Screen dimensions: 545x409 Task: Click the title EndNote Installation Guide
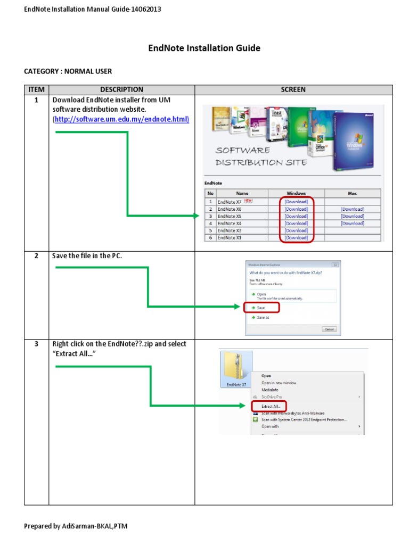[x=204, y=48]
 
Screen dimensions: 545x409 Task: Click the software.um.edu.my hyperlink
[x=121, y=119]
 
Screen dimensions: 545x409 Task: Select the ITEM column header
[x=36, y=89]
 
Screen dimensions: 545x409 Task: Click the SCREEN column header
[x=293, y=89]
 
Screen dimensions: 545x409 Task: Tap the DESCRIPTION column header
[x=121, y=89]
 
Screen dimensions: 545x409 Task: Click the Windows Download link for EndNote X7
[x=296, y=202]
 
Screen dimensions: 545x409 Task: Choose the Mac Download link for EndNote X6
[x=353, y=209]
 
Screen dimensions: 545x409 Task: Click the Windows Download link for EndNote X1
[x=296, y=238]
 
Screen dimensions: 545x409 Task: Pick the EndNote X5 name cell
[x=230, y=217]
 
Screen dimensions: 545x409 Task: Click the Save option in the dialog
[x=261, y=308]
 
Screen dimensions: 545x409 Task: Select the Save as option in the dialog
[x=263, y=317]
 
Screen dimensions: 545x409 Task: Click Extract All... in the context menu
[x=270, y=406]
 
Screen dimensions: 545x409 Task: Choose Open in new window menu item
[x=279, y=383]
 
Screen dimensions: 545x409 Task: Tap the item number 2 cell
[x=36, y=256]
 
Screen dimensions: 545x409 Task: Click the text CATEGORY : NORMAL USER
[x=68, y=71]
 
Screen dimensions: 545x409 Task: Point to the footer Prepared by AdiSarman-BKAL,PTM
[x=76, y=526]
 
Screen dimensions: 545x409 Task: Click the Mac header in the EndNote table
[x=353, y=193]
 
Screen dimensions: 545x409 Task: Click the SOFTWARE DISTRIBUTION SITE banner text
[x=261, y=156]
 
